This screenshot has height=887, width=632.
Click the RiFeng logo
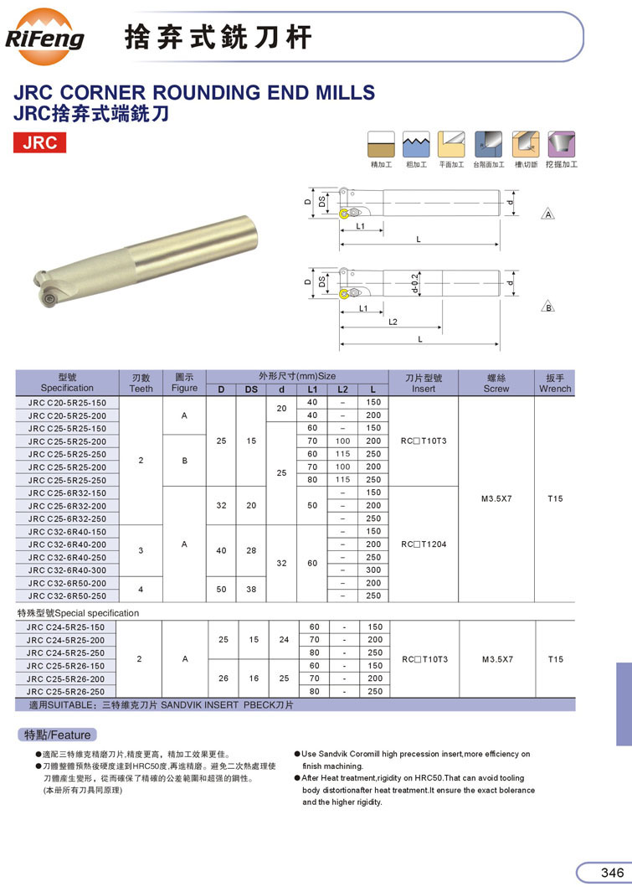tap(44, 38)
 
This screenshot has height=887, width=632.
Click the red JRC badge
tap(39, 142)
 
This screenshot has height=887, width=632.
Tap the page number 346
tap(612, 872)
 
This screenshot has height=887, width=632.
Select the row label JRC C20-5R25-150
tap(67, 403)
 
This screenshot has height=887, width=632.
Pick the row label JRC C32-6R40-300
tap(67, 570)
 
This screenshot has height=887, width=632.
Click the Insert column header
tap(424, 383)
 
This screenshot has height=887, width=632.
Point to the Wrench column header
tap(555, 383)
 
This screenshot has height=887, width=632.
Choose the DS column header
tap(251, 389)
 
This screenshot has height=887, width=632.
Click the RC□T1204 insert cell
tap(424, 544)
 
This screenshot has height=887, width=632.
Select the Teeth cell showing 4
tap(141, 590)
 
